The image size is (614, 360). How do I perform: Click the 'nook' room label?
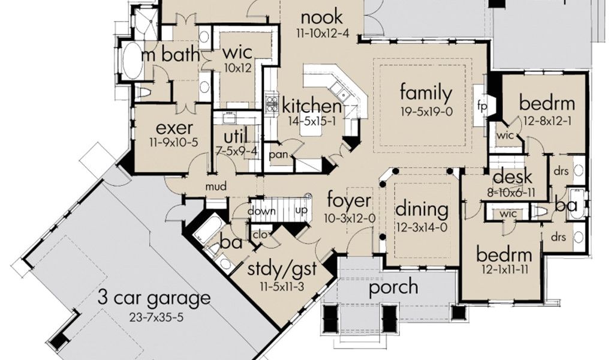[322, 17]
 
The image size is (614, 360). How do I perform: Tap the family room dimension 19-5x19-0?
[426, 112]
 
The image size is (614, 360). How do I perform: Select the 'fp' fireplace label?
[482, 106]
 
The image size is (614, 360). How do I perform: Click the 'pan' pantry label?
[278, 155]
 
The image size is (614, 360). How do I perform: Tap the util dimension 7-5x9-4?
[236, 152]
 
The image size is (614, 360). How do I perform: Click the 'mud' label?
[216, 187]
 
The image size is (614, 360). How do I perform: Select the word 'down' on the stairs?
[261, 211]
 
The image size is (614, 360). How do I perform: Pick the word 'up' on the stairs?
[301, 211]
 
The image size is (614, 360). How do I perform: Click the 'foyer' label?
[349, 200]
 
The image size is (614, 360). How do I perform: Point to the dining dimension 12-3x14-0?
[422, 228]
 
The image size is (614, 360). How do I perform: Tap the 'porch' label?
[393, 287]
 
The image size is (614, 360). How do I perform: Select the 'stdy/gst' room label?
[282, 269]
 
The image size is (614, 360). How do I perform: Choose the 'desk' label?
[512, 176]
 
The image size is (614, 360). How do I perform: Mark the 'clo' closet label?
[260, 235]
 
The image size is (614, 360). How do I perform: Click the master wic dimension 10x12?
[237, 68]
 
